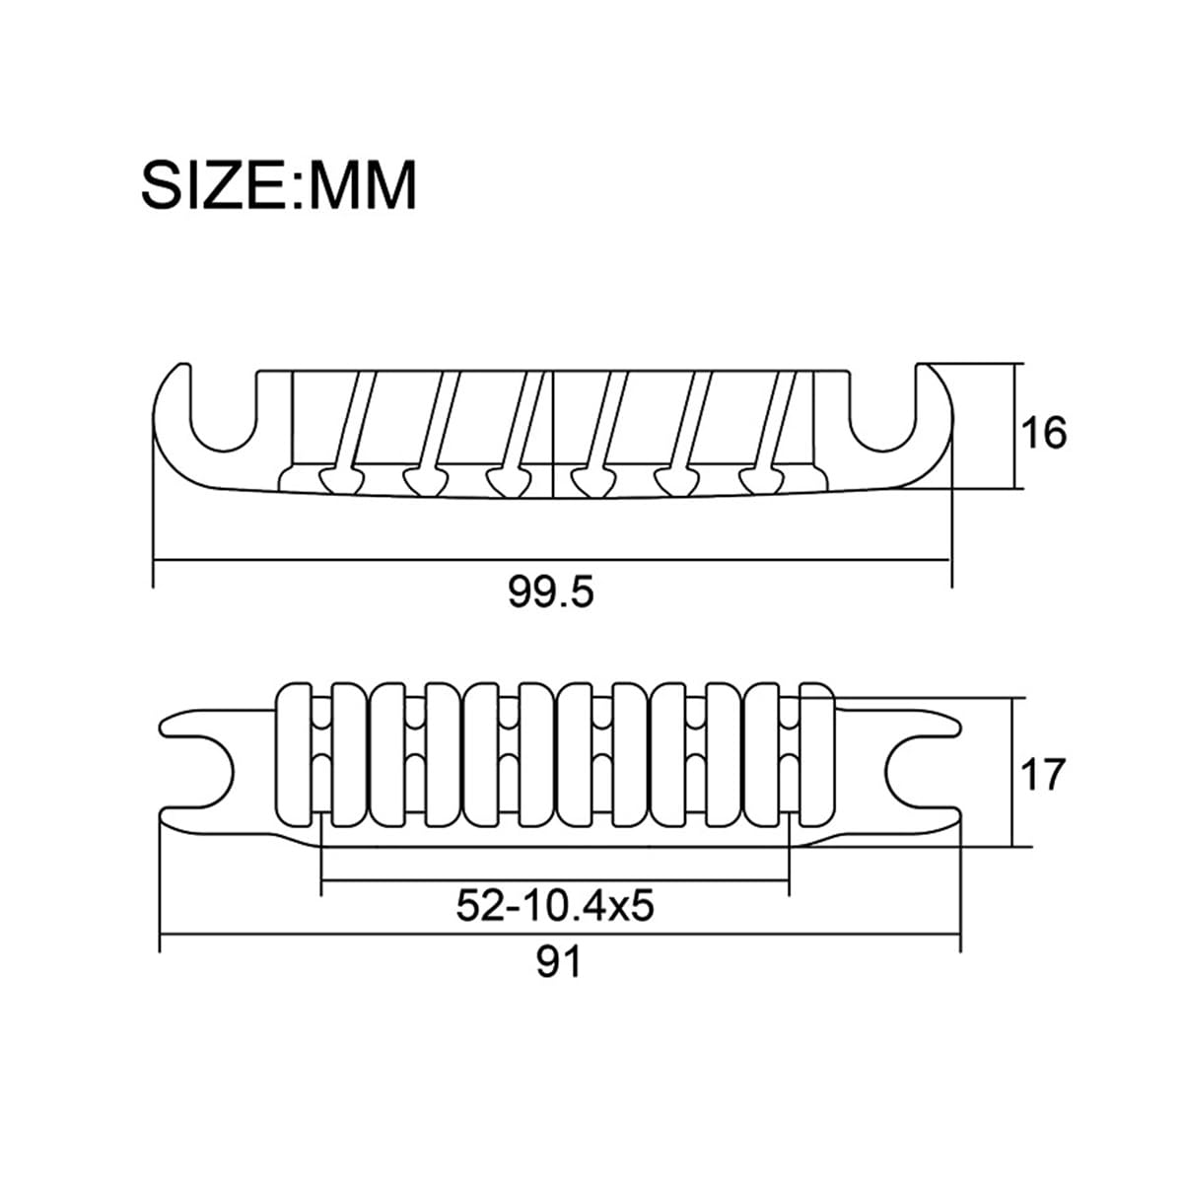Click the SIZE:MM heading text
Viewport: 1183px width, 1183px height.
coord(279,184)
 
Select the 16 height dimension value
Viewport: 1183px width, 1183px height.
coord(1044,433)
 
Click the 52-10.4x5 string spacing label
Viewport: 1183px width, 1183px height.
coord(555,906)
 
